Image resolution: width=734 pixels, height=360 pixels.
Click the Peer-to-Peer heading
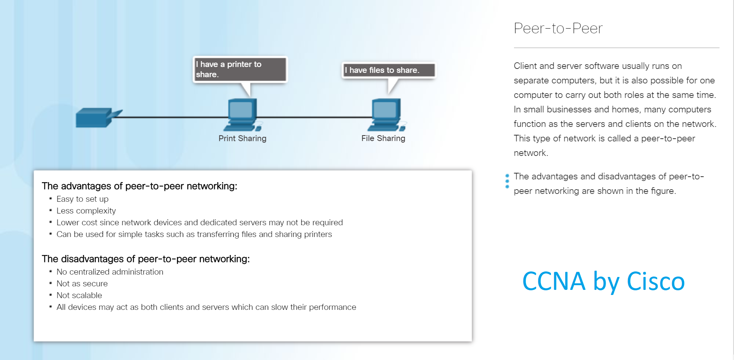(x=558, y=28)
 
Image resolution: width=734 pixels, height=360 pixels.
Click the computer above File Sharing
(x=387, y=115)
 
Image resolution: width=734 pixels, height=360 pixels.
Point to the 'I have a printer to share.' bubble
(x=240, y=69)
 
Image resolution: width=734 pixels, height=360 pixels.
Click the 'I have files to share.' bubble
(x=389, y=70)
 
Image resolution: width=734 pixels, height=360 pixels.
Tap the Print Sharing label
(x=242, y=138)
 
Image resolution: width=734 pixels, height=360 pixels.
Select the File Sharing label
(x=383, y=138)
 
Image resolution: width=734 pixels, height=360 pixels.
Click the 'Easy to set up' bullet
(x=82, y=199)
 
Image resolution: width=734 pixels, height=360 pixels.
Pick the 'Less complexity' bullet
(x=86, y=211)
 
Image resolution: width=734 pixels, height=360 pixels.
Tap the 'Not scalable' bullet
(x=79, y=295)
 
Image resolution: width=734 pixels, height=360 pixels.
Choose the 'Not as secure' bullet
(x=82, y=284)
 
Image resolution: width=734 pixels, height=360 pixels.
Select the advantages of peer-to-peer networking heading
(x=139, y=186)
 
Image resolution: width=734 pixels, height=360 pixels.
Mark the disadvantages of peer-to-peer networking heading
(x=146, y=259)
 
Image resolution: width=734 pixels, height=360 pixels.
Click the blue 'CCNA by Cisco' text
(x=604, y=282)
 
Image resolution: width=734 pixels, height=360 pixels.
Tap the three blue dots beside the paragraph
(x=507, y=181)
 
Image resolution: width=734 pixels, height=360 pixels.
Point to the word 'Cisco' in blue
(x=656, y=281)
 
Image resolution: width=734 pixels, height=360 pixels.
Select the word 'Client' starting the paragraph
(x=525, y=66)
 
